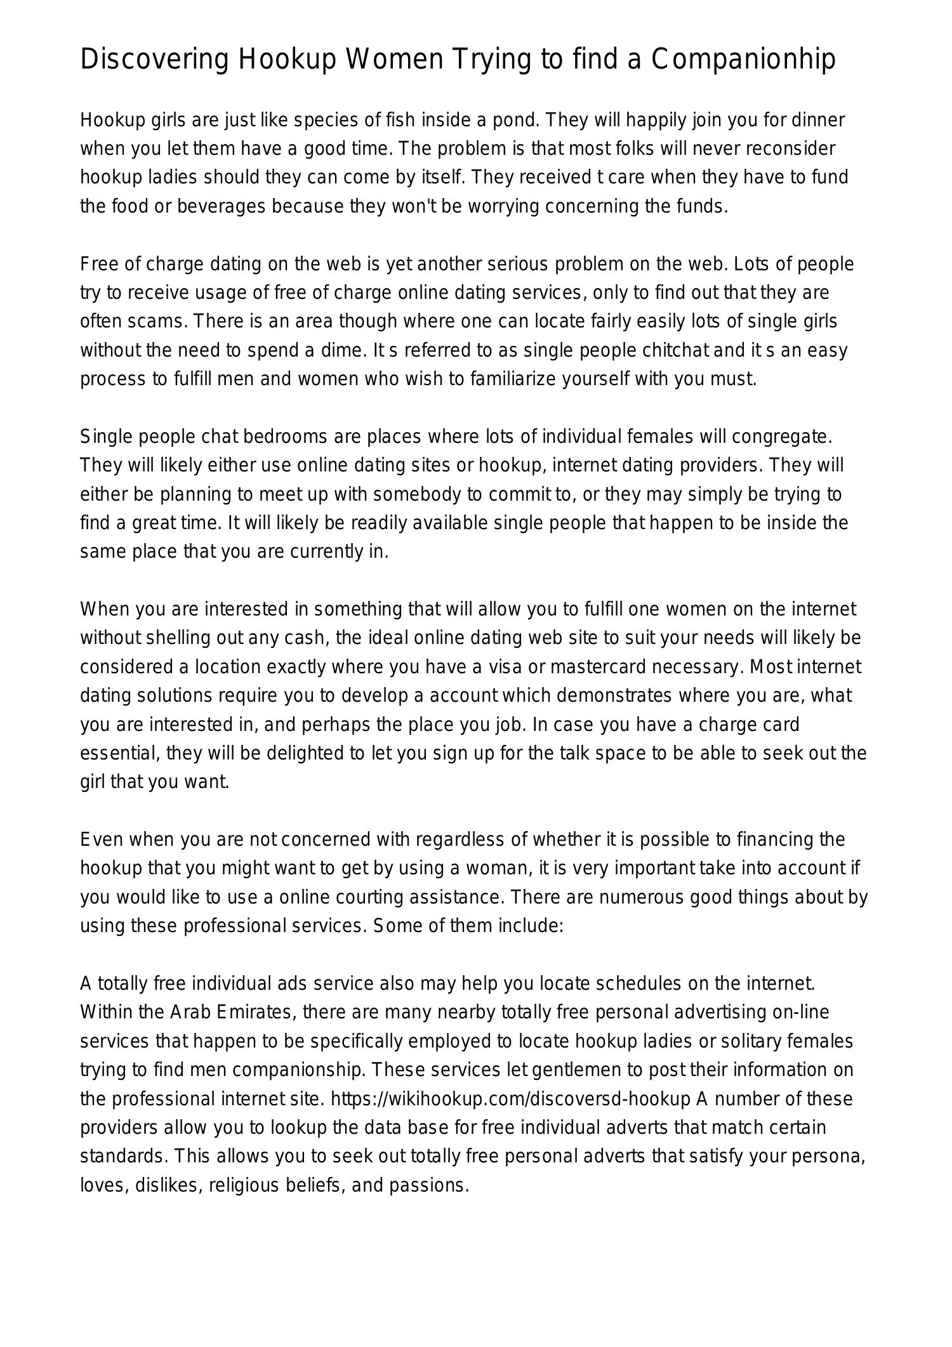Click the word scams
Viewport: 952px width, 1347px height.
[x=155, y=321]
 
